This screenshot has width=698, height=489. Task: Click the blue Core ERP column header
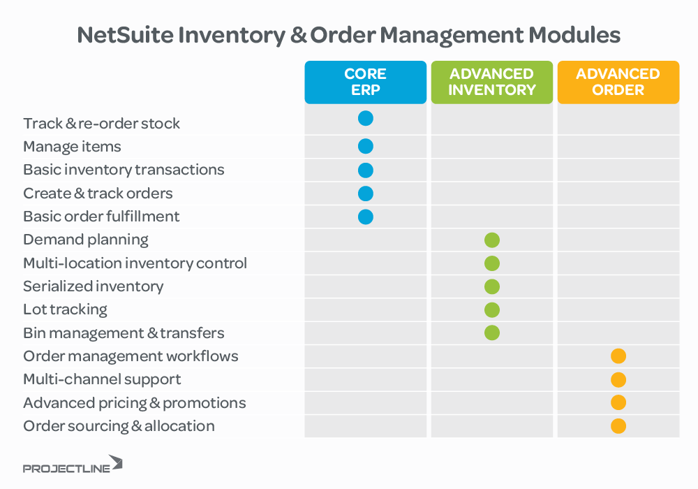(365, 82)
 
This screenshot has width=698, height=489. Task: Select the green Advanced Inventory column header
(491, 82)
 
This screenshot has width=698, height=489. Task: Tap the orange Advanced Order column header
(618, 82)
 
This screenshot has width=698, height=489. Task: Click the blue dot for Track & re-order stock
(366, 119)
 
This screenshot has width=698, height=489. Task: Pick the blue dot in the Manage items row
(366, 147)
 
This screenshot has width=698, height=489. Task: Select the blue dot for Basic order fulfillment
(366, 217)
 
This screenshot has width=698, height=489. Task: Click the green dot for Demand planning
(492, 240)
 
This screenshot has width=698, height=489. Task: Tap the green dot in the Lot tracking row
(492, 310)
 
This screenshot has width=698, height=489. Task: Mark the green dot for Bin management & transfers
(492, 333)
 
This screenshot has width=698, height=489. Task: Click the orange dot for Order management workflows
(618, 356)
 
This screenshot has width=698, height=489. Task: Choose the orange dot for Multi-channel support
(618, 380)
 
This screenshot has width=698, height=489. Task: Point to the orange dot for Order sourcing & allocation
(618, 426)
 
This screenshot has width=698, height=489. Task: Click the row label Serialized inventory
(93, 286)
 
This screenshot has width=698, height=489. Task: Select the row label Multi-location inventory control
(135, 263)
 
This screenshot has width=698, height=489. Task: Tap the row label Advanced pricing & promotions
(134, 403)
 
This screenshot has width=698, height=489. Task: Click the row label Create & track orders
(98, 194)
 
